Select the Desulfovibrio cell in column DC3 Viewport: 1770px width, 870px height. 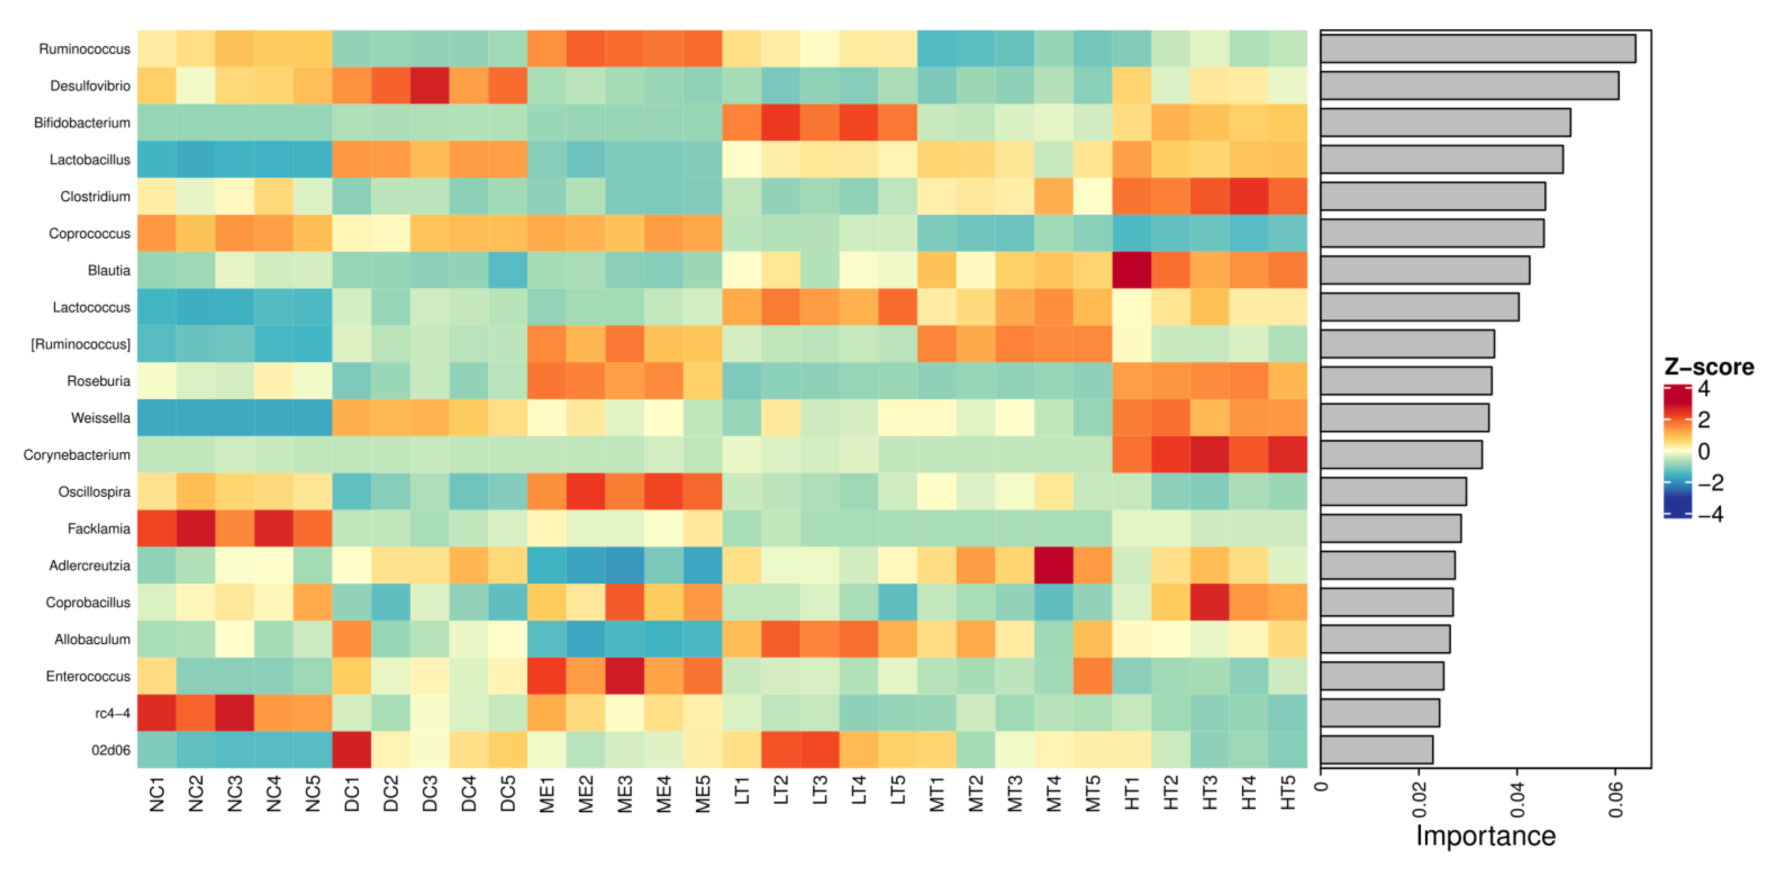point(430,86)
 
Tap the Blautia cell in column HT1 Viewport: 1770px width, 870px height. point(1132,270)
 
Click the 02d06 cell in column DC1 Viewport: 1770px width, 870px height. point(352,750)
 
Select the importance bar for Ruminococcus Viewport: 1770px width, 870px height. point(1478,49)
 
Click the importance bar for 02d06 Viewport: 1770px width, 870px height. point(1376,750)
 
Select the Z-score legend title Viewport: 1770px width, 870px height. point(1709,367)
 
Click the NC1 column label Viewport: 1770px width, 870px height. point(157,795)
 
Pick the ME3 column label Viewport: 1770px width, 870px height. point(625,794)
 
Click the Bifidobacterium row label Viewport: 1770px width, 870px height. point(82,123)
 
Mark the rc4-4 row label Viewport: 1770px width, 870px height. point(113,713)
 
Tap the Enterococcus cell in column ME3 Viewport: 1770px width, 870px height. point(625,676)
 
